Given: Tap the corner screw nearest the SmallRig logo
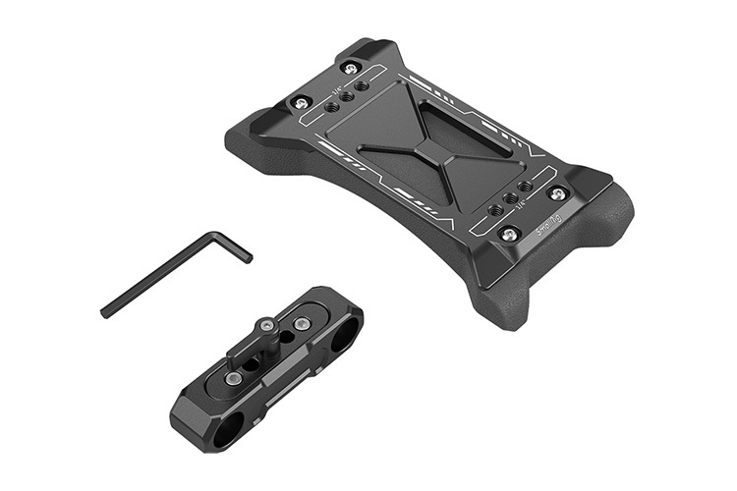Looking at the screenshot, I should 509,234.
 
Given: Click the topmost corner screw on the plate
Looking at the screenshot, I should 353,67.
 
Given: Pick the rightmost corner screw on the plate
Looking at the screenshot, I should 557,194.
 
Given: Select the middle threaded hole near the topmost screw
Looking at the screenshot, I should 347,95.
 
